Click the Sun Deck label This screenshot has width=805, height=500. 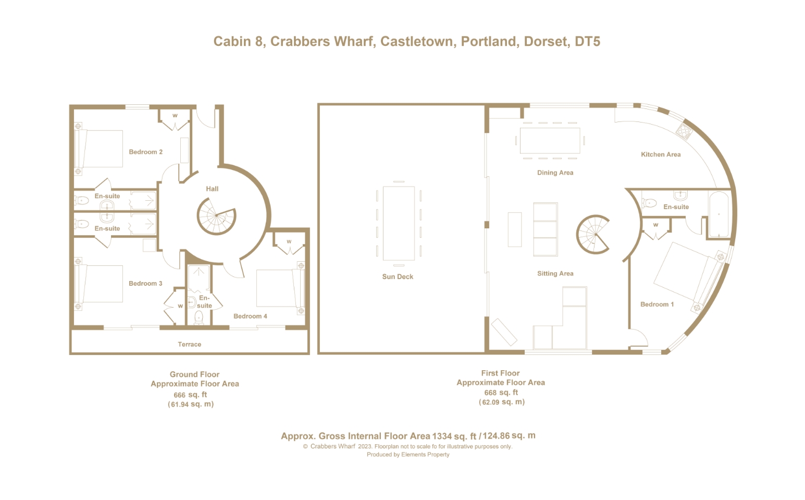[x=398, y=277]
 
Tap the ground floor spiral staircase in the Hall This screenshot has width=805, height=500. [x=216, y=216]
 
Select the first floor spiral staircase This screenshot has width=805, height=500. [x=593, y=235]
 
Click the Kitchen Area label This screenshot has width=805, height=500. [x=661, y=154]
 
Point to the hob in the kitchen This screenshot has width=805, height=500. [x=684, y=131]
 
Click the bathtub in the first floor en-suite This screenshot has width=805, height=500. [x=719, y=214]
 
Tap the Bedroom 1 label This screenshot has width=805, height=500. [x=657, y=304]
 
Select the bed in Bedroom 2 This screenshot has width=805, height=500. [x=99, y=149]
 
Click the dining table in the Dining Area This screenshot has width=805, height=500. [x=550, y=141]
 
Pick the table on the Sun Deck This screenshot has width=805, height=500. [x=399, y=223]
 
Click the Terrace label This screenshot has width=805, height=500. [x=189, y=344]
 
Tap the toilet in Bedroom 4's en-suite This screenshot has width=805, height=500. [x=199, y=318]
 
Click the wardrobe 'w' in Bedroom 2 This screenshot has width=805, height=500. [x=175, y=115]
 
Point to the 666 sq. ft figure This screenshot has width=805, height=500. [x=191, y=395]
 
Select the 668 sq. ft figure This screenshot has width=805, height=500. [x=501, y=393]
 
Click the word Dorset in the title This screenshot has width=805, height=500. [x=546, y=41]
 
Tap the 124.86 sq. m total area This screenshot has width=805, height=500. [x=509, y=436]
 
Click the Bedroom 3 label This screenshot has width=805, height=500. [x=145, y=284]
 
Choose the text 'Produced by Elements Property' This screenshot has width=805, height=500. [x=408, y=455]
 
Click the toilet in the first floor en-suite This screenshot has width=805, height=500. [x=649, y=203]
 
